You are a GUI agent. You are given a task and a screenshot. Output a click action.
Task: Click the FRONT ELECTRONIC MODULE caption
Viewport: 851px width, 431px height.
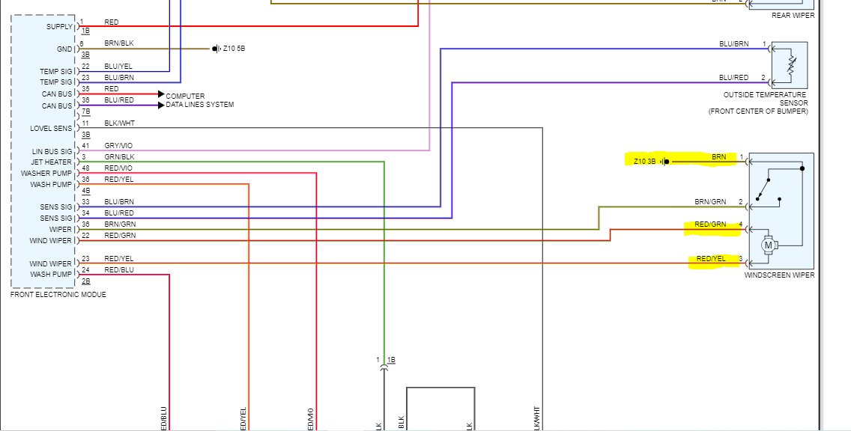[58, 295]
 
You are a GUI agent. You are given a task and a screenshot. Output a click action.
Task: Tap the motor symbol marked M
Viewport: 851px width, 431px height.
[768, 244]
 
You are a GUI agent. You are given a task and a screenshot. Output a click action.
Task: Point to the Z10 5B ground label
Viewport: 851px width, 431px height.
[234, 49]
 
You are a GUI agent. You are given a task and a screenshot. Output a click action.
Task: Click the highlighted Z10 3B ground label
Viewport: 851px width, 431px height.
[644, 161]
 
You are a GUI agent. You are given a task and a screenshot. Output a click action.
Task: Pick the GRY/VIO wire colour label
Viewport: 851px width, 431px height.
[119, 145]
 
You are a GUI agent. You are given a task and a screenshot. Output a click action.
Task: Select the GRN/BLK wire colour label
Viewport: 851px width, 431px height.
[119, 156]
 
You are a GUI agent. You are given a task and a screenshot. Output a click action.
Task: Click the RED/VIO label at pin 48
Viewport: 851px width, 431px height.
[118, 168]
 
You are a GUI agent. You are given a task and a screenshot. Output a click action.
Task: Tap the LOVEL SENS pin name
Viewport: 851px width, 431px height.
[51, 129]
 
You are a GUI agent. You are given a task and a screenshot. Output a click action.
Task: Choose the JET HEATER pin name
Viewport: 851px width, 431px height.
[52, 162]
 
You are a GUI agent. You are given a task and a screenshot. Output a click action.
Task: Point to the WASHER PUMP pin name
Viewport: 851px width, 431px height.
[46, 174]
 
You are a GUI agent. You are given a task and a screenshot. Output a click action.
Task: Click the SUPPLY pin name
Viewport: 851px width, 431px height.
[60, 27]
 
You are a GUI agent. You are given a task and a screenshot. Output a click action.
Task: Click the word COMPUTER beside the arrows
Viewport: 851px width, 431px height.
[185, 97]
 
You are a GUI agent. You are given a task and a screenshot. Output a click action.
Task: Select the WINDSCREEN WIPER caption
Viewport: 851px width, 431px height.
[779, 275]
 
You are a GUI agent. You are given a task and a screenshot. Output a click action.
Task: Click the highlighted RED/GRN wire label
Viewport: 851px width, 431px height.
[710, 224]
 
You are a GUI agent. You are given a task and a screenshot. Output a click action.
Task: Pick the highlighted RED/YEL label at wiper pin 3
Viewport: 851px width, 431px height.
[711, 259]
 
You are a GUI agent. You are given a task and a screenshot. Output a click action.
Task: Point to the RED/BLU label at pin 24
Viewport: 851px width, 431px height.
[119, 269]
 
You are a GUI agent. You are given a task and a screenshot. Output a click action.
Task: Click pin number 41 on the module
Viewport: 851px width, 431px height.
[85, 145]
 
